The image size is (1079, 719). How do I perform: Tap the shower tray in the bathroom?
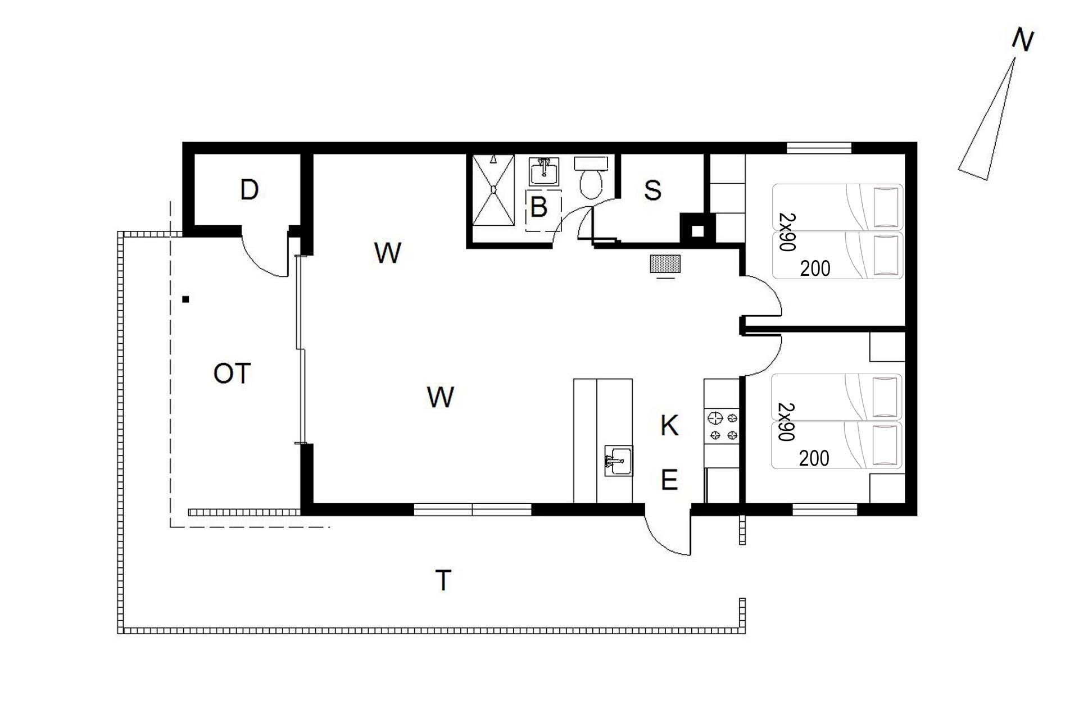(x=493, y=190)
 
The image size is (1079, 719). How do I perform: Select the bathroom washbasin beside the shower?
(x=544, y=171)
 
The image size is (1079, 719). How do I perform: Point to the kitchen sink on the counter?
(x=619, y=461)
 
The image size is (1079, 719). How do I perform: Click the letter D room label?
(x=249, y=190)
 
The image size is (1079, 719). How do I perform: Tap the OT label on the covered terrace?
(x=232, y=374)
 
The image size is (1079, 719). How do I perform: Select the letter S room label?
(x=652, y=190)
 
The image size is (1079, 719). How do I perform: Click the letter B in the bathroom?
(x=539, y=207)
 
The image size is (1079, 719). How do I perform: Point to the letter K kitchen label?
(x=669, y=426)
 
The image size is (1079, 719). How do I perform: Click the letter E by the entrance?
(x=669, y=480)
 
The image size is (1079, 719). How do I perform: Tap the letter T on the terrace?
(x=443, y=580)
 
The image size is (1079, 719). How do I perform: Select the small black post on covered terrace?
(x=185, y=299)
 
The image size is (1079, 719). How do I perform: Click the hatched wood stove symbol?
(x=665, y=264)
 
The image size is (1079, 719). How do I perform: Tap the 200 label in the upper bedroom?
(x=815, y=269)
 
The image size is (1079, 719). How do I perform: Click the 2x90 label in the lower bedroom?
(x=786, y=422)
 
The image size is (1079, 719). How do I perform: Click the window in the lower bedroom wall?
(x=825, y=509)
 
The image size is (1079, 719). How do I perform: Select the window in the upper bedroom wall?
(x=819, y=148)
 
